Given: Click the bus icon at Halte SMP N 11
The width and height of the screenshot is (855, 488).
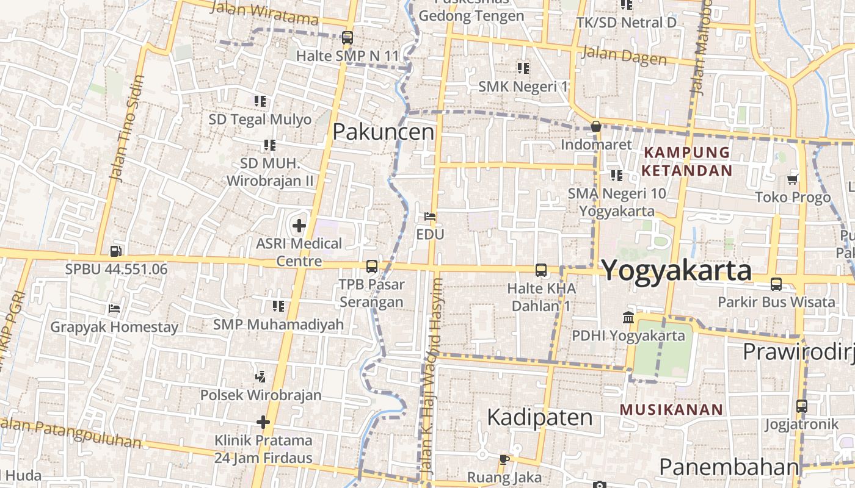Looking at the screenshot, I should click(x=347, y=38).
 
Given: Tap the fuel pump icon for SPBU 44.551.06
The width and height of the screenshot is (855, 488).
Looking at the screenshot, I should click(x=115, y=251).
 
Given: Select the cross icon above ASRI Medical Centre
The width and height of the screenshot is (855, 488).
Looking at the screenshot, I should click(x=299, y=226).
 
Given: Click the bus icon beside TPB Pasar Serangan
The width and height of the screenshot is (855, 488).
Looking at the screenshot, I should click(x=371, y=267).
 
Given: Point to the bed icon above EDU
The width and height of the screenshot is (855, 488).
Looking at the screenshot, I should click(x=430, y=217).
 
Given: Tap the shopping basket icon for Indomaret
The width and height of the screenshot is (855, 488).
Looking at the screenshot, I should click(x=595, y=127).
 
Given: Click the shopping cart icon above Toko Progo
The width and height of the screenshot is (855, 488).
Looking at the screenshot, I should click(x=793, y=179).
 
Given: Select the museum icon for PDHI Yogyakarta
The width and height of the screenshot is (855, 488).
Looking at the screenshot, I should click(x=628, y=317).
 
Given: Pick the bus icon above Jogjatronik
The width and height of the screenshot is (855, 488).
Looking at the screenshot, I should click(x=801, y=406).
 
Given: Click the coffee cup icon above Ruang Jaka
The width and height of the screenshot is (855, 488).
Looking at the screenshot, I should click(x=504, y=459).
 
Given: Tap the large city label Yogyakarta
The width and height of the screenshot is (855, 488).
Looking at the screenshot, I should click(x=677, y=270).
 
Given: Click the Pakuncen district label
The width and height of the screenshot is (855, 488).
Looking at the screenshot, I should click(x=384, y=132).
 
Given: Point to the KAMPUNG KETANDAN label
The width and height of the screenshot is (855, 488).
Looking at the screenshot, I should click(x=687, y=161).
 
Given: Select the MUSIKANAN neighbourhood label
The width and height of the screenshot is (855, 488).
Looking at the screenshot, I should click(x=672, y=409).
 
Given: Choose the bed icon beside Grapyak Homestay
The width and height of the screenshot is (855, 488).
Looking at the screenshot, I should click(x=114, y=309).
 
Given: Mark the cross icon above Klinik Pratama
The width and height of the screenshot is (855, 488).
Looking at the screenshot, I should click(x=263, y=422).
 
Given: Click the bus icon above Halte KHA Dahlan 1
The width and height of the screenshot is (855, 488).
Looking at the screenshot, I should click(x=540, y=270).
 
